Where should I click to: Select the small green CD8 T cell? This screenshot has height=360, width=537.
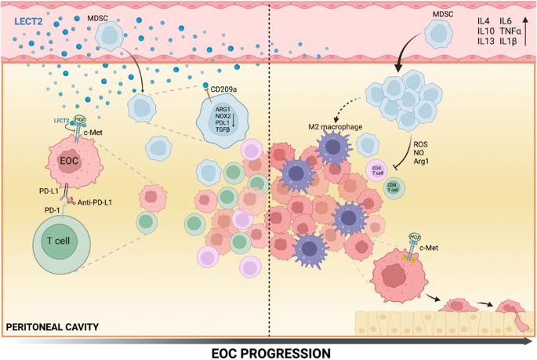pyautogui.click(x=394, y=187)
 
